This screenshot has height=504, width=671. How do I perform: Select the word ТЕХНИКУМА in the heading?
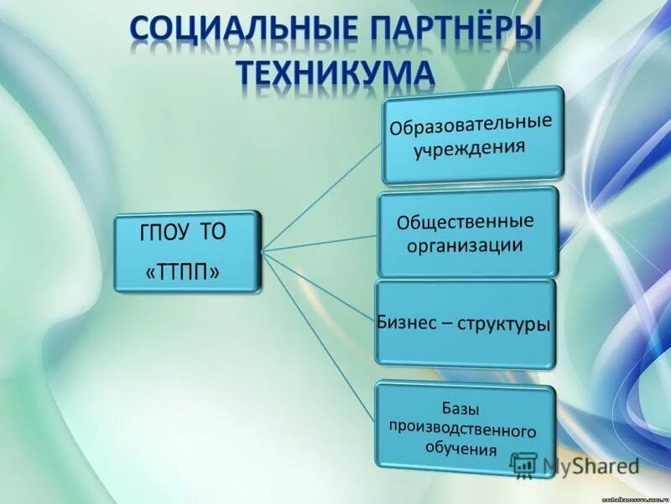[x=336, y=73]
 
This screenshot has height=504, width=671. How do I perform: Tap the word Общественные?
[x=466, y=224]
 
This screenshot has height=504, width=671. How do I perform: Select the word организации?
[x=466, y=247]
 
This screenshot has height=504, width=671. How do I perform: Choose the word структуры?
[x=504, y=323]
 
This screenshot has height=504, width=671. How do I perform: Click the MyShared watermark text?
[x=590, y=465]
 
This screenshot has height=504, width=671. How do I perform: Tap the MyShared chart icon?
[x=524, y=465]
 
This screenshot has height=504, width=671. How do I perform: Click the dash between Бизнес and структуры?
[x=447, y=324]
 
